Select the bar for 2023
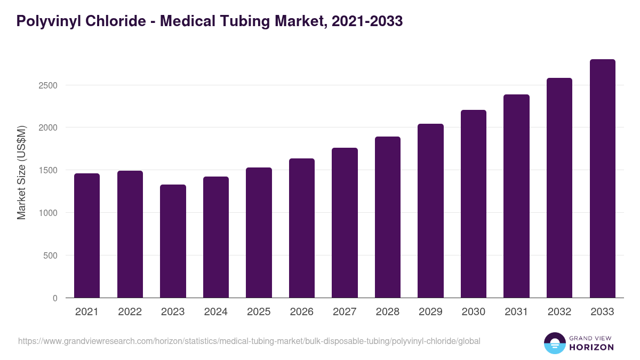(x=173, y=241)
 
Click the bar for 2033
(x=602, y=179)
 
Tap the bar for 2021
(x=87, y=235)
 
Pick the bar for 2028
(x=387, y=217)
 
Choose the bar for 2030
(x=473, y=204)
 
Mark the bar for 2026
(x=301, y=228)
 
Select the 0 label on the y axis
(x=55, y=298)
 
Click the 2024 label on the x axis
(x=215, y=312)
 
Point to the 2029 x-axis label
(x=430, y=312)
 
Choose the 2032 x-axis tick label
(x=559, y=312)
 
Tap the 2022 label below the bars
(x=130, y=312)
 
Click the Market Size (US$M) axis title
(x=21, y=172)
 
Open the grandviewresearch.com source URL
(x=249, y=341)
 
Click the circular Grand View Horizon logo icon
(x=554, y=343)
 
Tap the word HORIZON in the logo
(x=592, y=347)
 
